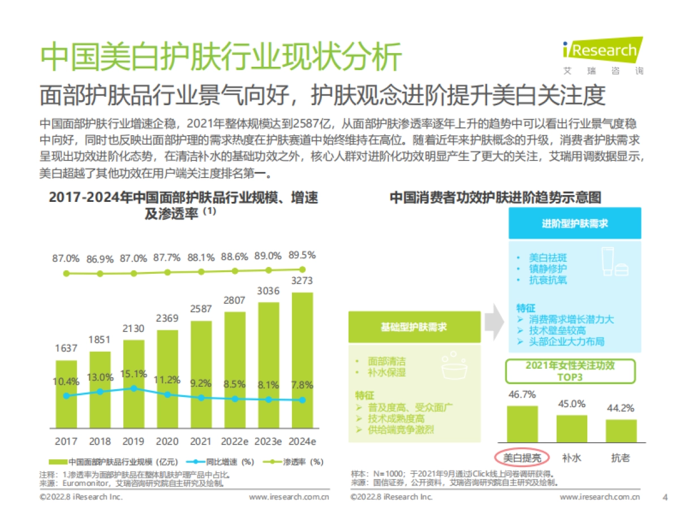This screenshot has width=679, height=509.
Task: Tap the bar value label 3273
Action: point(302,281)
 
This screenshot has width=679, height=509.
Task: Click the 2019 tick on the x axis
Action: point(134,441)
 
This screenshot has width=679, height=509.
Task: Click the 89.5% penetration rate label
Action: point(302,255)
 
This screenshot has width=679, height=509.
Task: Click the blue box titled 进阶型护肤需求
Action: point(575,223)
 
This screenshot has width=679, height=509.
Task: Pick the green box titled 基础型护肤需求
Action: point(414,327)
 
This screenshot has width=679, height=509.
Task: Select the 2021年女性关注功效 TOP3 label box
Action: point(570,371)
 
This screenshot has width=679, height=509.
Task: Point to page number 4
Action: point(665,497)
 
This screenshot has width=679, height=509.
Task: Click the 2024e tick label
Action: point(302,441)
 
